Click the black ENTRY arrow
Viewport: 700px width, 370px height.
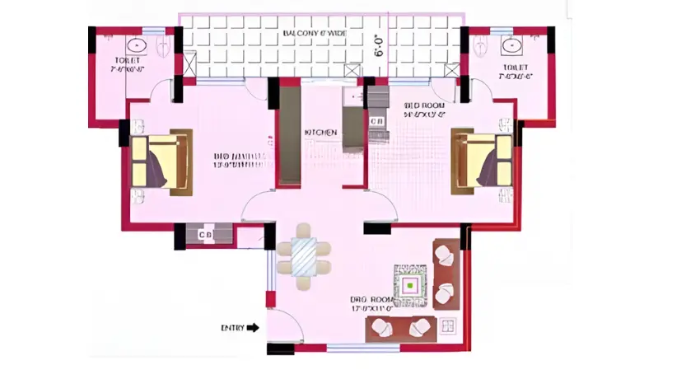[253, 327]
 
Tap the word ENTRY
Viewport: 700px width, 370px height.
[232, 327]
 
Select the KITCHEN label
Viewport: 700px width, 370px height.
[320, 133]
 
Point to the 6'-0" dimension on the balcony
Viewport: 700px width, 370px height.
[380, 45]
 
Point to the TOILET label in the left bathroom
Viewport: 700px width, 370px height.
[128, 61]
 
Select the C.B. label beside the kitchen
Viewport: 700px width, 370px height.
[376, 121]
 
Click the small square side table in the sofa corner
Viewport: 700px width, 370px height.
[449, 326]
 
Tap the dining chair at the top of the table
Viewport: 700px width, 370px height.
[304, 230]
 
